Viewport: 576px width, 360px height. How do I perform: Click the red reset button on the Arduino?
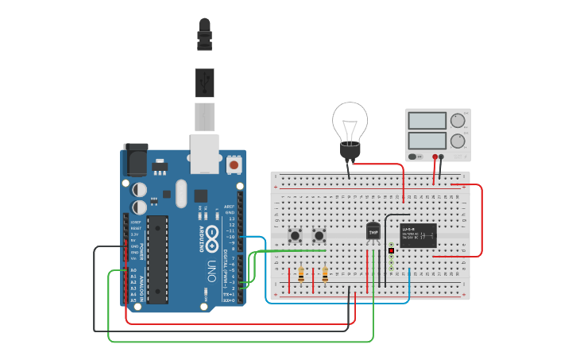tap(234, 165)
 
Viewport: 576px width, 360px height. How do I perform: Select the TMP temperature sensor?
tap(373, 231)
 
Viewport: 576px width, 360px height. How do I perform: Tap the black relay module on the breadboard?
tap(418, 236)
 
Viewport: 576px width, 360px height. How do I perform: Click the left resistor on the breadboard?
tap(301, 275)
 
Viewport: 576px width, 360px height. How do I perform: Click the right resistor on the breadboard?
tap(325, 275)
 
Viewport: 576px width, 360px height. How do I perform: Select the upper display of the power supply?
tap(427, 121)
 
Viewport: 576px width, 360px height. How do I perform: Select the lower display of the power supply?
tap(427, 141)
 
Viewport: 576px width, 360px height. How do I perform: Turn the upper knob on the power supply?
tap(458, 122)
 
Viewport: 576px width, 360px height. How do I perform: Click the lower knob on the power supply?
tap(458, 141)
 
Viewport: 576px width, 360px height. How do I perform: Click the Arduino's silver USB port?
tap(204, 153)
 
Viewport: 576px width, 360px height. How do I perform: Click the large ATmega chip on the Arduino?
tap(157, 259)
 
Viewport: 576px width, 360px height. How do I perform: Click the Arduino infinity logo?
tap(211, 216)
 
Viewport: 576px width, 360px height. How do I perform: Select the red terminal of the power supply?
tap(435, 157)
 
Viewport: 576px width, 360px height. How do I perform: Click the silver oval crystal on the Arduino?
tap(181, 193)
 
